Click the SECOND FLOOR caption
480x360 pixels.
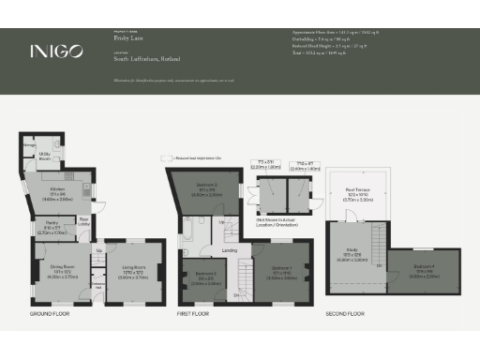(x=344, y=314)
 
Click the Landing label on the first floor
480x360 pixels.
(x=229, y=250)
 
